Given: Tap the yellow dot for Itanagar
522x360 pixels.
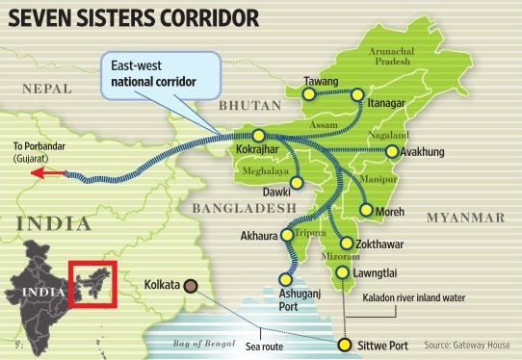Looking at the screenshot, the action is (357, 94).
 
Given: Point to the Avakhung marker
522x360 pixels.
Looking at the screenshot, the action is (390, 151).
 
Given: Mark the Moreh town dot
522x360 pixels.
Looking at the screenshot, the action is (366, 209).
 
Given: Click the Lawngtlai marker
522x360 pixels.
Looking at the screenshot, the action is (346, 273).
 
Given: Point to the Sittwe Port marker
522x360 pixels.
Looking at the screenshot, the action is (346, 342).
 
